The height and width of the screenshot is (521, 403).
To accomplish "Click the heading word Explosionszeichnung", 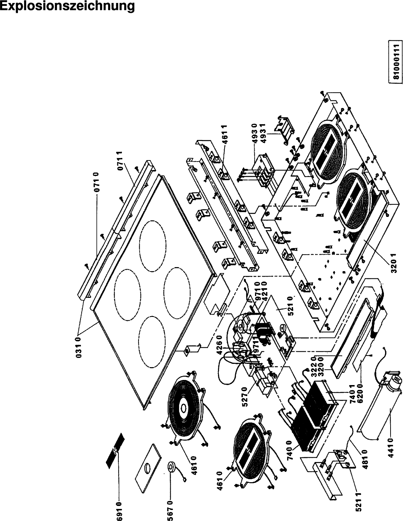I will pyautogui.click(x=67, y=7).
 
